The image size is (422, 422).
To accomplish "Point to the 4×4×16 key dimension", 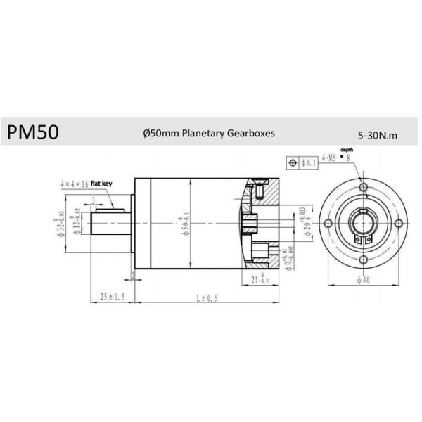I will point(75,183).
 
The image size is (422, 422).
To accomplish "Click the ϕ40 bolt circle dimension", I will point(363,280).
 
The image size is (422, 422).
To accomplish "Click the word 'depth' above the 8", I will point(345,151).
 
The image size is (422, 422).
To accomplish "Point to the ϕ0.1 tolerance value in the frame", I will point(308,163).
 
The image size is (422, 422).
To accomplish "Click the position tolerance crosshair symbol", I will point(293,163).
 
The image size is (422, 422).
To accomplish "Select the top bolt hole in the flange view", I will point(363,187).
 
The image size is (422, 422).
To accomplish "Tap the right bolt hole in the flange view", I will point(398,223).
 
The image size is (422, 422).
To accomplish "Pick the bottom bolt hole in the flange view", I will point(363,258).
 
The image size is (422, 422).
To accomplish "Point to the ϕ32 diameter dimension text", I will point(62,223).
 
